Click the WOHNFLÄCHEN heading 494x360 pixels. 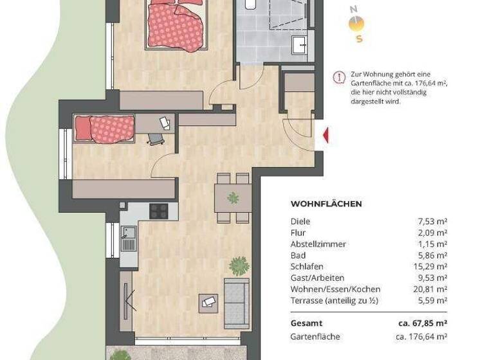coord(326,204)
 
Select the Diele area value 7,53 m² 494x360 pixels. coord(433,222)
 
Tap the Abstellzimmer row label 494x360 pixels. coord(318,244)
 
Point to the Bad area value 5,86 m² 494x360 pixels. coord(433,255)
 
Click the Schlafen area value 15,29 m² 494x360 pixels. coord(431,266)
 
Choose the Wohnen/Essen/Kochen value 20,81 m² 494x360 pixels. coord(431,289)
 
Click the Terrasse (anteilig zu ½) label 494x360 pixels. coord(332,300)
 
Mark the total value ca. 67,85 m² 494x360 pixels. coord(421,323)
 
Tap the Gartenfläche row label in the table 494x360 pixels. coord(315,336)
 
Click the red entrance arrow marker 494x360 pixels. coord(326,136)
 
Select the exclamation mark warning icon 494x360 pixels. coord(338,78)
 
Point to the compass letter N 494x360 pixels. coord(353,9)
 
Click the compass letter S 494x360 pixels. coord(359,39)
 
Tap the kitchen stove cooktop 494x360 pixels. coord(159,210)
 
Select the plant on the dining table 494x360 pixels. coord(233,198)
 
